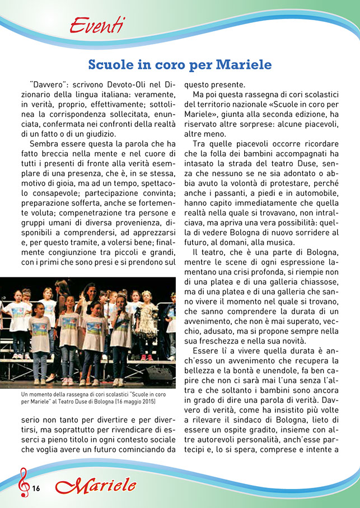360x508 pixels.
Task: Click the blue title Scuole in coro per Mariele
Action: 180,64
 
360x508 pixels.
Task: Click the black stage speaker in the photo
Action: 158,375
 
